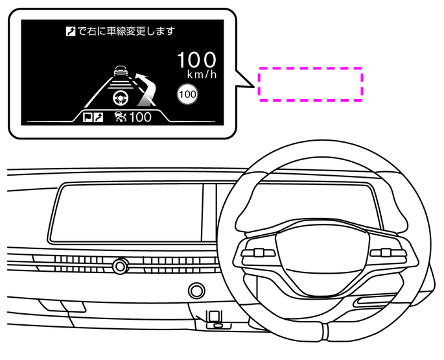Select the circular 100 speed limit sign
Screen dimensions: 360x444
(x=187, y=95)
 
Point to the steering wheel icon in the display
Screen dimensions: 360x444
(x=121, y=99)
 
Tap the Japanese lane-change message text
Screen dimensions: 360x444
(x=126, y=30)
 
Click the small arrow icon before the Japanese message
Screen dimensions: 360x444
(x=71, y=30)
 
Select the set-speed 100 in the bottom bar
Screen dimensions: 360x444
(x=140, y=117)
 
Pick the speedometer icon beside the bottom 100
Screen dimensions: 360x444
(x=119, y=117)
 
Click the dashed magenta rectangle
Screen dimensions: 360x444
(x=310, y=84)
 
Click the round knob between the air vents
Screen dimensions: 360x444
(x=119, y=265)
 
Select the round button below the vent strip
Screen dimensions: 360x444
(x=194, y=289)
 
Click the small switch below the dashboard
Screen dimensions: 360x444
(x=215, y=317)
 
